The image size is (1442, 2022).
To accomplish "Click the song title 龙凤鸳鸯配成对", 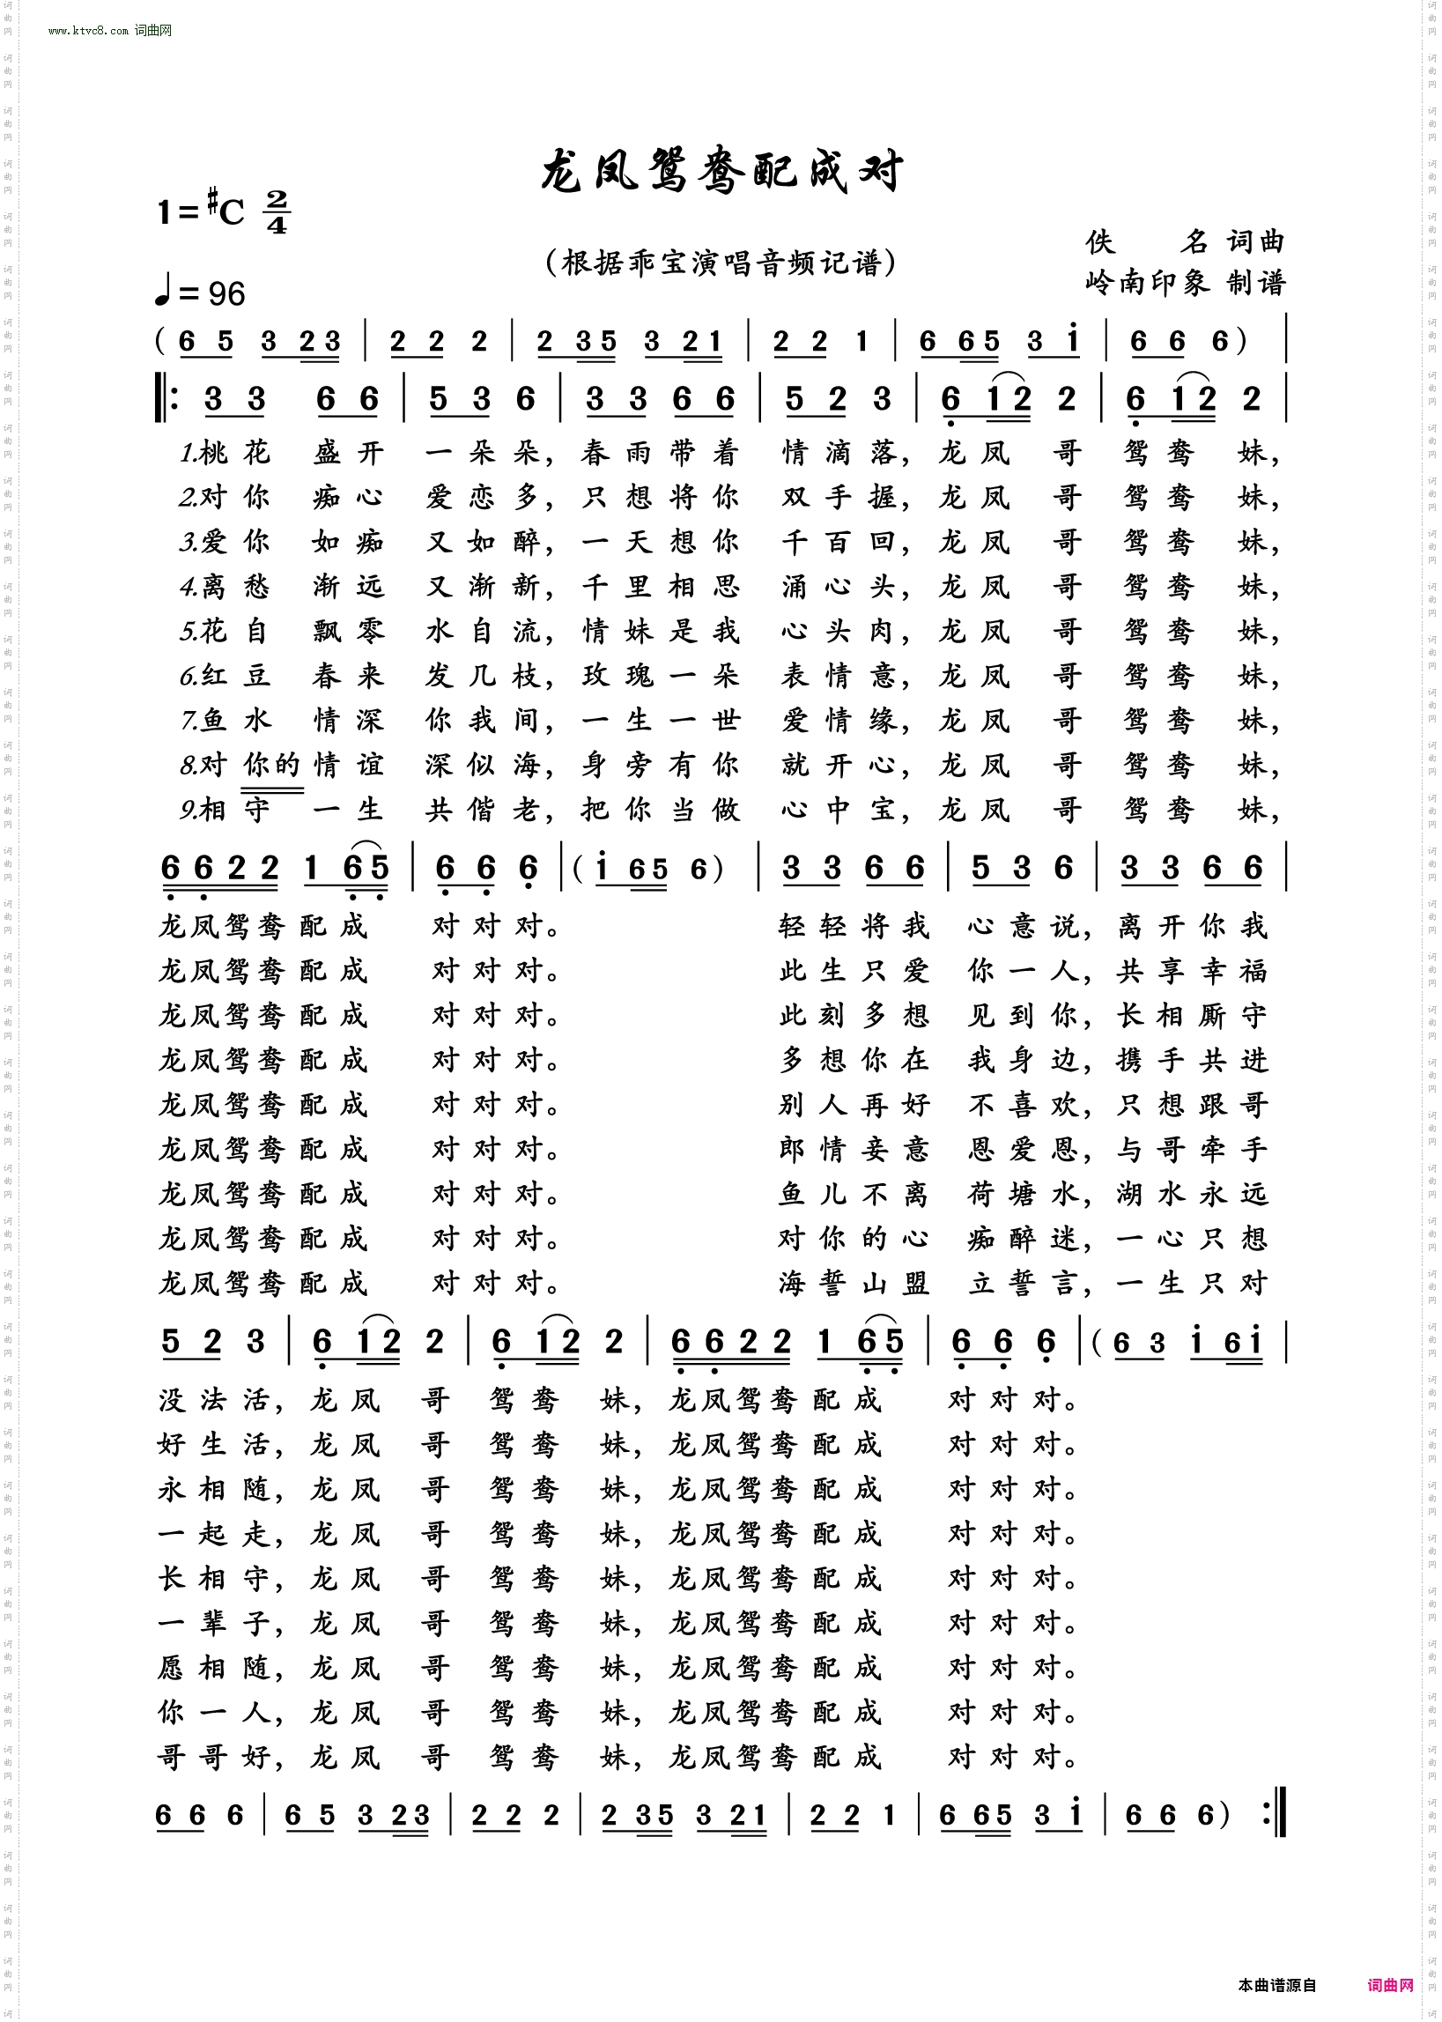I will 721,171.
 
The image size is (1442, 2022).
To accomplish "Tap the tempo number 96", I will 226,294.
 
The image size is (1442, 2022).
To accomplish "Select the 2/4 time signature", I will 277,212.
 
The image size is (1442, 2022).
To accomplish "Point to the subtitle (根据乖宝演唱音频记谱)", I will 721,263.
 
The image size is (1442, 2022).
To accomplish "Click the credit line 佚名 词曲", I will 1185,241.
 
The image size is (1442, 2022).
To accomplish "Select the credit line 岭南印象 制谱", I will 1185,283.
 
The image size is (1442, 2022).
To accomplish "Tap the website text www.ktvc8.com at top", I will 88,30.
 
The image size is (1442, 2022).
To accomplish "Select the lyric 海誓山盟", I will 854,1284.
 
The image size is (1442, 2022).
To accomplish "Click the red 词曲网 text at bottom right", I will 1390,1986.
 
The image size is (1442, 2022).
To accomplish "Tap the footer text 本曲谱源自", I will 1277,1986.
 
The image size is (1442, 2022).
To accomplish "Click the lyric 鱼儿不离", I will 854,1195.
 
